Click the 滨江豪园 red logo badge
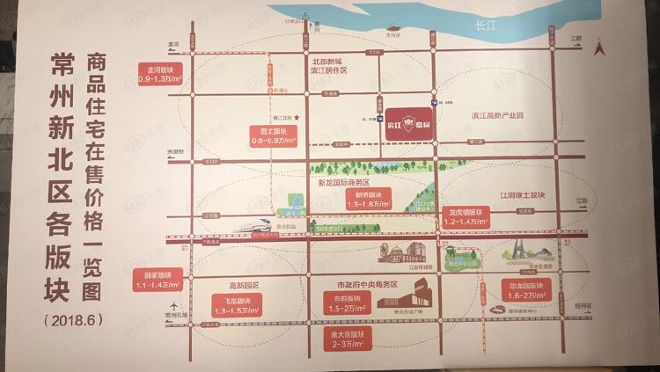click(408, 119)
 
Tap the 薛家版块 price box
click(159, 279)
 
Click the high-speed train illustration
click(260, 224)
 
